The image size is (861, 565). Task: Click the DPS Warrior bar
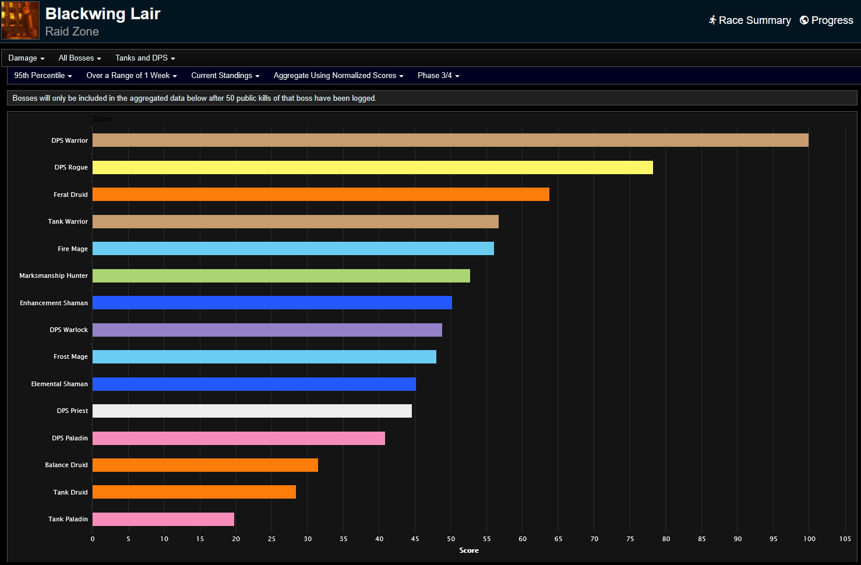(x=450, y=140)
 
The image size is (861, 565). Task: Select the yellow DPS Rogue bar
(x=373, y=168)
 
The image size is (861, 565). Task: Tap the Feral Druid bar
(x=321, y=195)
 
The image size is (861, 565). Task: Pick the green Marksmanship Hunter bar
(x=281, y=276)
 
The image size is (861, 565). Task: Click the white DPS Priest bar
(x=252, y=411)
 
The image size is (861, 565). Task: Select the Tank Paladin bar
(x=163, y=520)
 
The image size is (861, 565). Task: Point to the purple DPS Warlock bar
(x=267, y=330)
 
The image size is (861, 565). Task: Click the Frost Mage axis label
(x=70, y=357)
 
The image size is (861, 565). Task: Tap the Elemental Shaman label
(x=59, y=384)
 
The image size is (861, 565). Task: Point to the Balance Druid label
(x=66, y=465)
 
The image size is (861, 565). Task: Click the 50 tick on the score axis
(x=451, y=539)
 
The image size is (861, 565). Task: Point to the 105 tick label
(x=845, y=539)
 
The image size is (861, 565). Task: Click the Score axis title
(x=469, y=550)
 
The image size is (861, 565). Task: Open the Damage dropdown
(x=26, y=58)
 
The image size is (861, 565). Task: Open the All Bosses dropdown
(x=80, y=58)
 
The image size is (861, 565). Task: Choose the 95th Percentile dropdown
(x=43, y=76)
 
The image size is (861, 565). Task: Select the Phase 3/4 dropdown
(x=438, y=76)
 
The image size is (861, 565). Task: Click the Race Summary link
(x=750, y=20)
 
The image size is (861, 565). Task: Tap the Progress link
(x=827, y=20)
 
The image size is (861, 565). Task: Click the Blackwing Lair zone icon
(x=20, y=20)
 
